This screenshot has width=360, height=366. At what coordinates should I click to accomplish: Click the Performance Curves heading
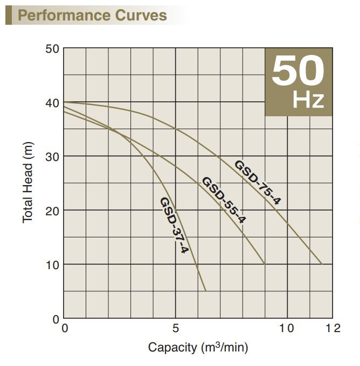(x=92, y=15)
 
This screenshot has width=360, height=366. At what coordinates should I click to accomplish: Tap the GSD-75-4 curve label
(x=258, y=182)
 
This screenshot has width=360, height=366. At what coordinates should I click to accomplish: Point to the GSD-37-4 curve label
(x=173, y=225)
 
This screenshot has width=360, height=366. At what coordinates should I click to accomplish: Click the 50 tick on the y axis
(x=52, y=48)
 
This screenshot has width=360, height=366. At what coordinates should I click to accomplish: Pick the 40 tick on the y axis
(x=52, y=102)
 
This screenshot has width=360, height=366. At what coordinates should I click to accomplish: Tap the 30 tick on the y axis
(x=52, y=156)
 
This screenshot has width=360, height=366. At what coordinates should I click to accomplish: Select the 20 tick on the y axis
(x=52, y=210)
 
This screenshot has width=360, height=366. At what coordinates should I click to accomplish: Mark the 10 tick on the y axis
(x=52, y=264)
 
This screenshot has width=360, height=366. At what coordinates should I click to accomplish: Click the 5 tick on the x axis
(x=176, y=328)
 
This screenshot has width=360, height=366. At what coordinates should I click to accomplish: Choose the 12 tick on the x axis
(x=334, y=328)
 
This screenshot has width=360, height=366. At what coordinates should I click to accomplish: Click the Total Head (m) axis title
(x=28, y=184)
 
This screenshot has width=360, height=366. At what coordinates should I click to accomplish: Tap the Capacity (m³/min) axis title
(x=198, y=347)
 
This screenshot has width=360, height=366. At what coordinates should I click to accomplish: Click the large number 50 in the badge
(x=298, y=72)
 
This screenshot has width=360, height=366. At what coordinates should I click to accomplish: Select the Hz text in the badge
(x=308, y=100)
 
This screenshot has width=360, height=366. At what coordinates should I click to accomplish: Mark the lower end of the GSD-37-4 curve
(x=206, y=291)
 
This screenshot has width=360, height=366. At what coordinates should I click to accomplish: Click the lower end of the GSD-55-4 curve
(x=265, y=264)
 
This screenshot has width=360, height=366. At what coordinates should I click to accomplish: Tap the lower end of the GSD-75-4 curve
(x=322, y=264)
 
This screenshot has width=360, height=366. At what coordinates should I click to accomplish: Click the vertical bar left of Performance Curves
(x=8, y=15)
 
